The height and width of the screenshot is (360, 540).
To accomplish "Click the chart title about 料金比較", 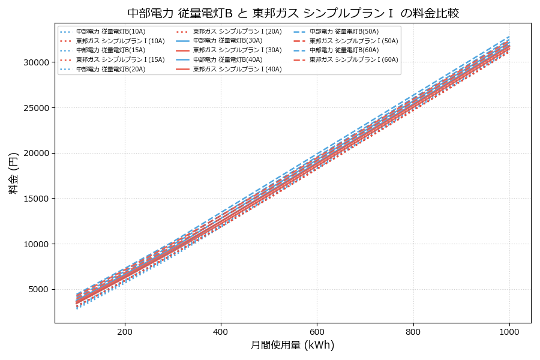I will [x=293, y=13].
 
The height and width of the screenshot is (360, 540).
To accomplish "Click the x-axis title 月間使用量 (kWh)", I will [x=293, y=345].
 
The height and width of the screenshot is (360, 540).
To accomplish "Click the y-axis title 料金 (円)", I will [x=13, y=173].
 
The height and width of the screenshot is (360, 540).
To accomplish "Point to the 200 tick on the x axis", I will [x=125, y=331].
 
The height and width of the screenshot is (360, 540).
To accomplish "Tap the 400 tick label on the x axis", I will [x=221, y=331].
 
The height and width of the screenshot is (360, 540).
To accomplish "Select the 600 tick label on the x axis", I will [x=317, y=331].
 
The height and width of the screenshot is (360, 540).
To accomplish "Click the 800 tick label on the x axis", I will [x=413, y=331].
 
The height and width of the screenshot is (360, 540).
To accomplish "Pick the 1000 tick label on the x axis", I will [x=509, y=331].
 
